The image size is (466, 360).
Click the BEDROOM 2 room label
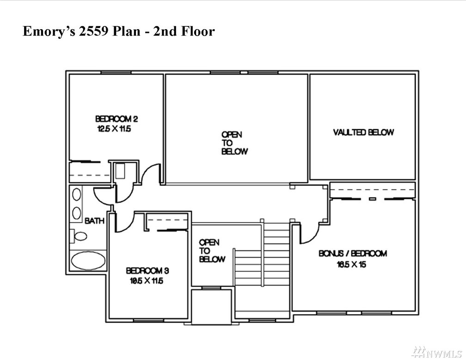point(116,119)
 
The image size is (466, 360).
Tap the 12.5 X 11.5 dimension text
point(114,129)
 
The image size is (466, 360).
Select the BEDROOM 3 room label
point(147,271)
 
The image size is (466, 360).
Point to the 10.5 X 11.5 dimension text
point(147,280)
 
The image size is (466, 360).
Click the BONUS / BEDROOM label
point(353,254)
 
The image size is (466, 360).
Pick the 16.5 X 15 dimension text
point(351,264)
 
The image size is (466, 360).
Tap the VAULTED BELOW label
point(363,132)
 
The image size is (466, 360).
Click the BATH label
point(94,221)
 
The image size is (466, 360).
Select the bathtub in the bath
point(88,261)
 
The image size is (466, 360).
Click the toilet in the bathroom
point(79,236)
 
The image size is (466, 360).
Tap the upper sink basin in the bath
point(77,195)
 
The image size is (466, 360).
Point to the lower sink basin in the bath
point(77,213)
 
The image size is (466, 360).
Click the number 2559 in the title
point(93,31)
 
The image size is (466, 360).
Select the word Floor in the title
point(198,31)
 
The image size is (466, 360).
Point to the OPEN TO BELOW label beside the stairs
point(212,251)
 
